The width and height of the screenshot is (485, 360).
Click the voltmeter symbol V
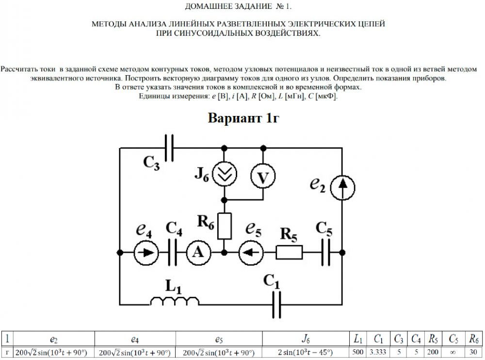[263, 178]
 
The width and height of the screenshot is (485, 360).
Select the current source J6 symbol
[224, 175]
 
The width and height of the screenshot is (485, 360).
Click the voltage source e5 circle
[251, 252]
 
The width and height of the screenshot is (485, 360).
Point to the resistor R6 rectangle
[224, 226]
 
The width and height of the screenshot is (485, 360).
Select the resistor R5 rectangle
[290, 252]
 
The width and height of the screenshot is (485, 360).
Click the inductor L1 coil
[175, 302]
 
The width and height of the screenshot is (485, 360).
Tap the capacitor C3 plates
[169, 147]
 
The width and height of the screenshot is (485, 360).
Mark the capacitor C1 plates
[277, 305]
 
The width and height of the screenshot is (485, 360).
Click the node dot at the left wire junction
[120, 252]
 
